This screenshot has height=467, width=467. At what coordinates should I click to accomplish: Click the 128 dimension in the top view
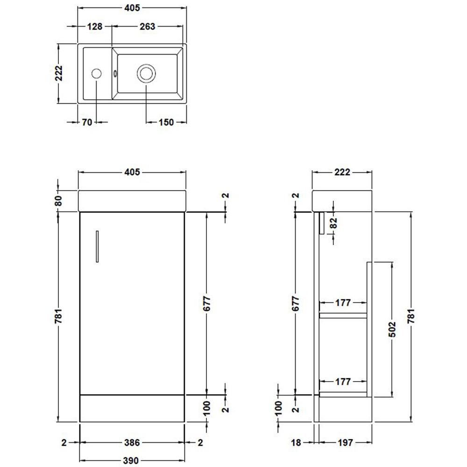click(x=95, y=27)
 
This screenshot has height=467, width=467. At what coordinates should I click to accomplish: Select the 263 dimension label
click(x=148, y=27)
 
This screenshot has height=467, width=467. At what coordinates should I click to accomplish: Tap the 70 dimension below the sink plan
click(x=87, y=122)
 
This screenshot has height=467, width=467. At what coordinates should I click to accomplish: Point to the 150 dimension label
click(x=166, y=122)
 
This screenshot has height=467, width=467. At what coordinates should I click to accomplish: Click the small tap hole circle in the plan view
click(x=96, y=74)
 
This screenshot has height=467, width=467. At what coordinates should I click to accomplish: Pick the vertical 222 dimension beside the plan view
click(x=59, y=73)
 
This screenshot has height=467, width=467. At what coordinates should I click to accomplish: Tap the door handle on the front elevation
click(x=98, y=246)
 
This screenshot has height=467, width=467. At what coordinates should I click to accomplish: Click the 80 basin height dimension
click(x=59, y=201)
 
